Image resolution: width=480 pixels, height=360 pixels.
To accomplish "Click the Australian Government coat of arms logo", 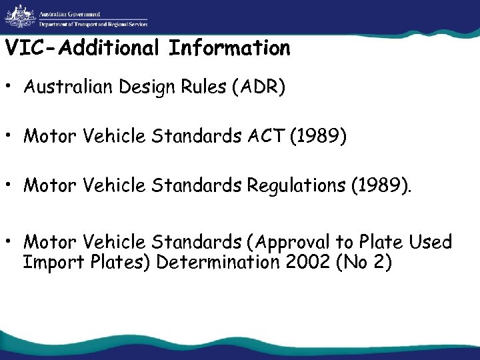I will [x=17, y=16].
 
